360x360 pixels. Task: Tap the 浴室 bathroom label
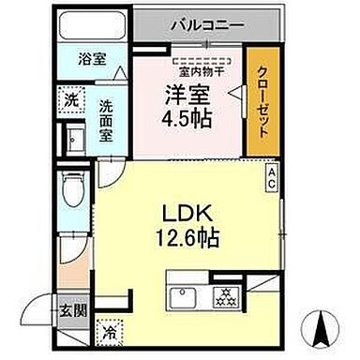point(91,59)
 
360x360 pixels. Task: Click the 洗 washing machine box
point(71,97)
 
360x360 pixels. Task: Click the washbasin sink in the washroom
point(74,142)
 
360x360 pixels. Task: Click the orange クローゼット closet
point(263,100)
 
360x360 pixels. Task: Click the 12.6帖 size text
point(187,239)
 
